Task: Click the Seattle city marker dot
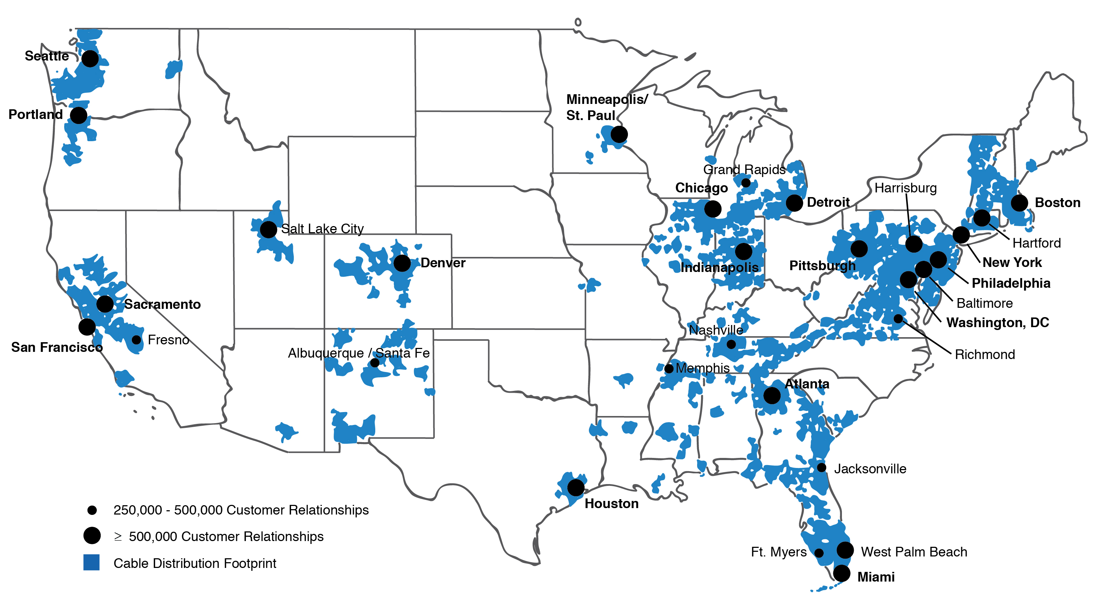[x=90, y=58]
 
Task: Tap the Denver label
[x=443, y=263]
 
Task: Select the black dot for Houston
[x=576, y=487]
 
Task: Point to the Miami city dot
[x=842, y=573]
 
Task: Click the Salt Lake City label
[x=322, y=229]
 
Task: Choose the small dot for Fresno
[x=137, y=340]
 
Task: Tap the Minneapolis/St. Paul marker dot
[x=619, y=134]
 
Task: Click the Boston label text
[x=1057, y=202]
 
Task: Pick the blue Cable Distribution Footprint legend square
[x=91, y=562]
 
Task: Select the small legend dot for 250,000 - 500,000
[x=92, y=510]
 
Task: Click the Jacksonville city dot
[x=821, y=468]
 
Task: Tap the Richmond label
[x=985, y=354]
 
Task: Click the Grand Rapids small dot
[x=746, y=183]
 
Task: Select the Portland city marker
[x=78, y=115]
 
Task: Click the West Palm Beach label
[x=914, y=551]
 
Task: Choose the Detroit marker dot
[x=794, y=203]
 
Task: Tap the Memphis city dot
[x=669, y=368]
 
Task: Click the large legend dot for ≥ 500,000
[x=92, y=535]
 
